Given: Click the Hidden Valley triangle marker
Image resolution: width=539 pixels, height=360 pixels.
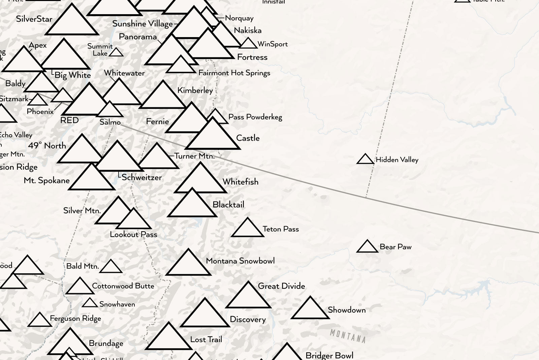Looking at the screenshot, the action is (366, 160).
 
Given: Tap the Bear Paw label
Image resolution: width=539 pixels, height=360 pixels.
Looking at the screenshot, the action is (395, 247).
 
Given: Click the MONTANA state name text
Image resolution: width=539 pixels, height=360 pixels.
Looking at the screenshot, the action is (348, 336).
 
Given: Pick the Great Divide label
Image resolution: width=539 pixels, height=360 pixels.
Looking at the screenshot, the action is (281, 286).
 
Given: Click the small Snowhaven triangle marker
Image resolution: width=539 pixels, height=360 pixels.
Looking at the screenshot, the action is (90, 303).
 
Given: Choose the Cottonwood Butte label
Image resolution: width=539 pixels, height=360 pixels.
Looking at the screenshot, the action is (123, 286).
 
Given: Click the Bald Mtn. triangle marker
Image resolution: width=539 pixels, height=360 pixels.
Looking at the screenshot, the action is (111, 267).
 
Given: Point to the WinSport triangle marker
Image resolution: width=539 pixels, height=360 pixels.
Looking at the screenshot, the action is (248, 44).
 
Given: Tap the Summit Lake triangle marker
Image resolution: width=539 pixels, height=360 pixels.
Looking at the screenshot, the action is (116, 53).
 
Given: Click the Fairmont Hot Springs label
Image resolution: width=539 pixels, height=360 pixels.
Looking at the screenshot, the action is (234, 73).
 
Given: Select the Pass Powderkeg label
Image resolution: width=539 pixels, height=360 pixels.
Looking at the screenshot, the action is (255, 117).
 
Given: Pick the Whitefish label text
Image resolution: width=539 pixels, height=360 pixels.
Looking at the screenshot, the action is (240, 182).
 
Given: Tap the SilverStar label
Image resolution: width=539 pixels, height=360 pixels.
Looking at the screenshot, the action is (34, 19).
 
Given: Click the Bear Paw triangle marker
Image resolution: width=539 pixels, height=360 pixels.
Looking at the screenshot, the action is (367, 247).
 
